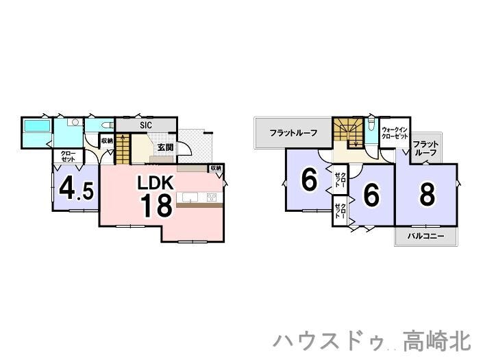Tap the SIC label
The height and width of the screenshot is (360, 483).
pos(146,125)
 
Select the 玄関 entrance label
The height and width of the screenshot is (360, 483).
pos(165,147)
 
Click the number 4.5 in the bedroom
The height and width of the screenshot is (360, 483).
pos(76,189)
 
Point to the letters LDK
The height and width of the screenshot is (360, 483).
pos(158,183)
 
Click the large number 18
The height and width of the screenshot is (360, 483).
pos(156,205)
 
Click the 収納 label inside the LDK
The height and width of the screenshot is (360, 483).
pos(215,168)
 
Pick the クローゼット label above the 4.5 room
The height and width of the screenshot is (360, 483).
pos(69,156)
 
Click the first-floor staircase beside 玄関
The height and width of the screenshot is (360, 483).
pos(122,148)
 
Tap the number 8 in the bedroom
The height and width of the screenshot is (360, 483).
pos(427,195)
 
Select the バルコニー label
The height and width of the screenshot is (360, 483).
pos(425,236)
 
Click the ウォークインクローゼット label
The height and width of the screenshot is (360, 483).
pos(395,133)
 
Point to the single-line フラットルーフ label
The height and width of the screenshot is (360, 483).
pos(293,132)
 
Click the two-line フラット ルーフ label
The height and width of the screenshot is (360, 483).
pos(425,149)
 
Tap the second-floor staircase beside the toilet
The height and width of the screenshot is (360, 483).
pos(349,132)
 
